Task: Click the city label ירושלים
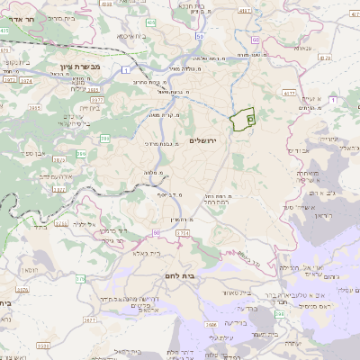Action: [x=204, y=139]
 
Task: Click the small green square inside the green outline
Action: [x=249, y=118]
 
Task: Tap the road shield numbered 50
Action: [x=256, y=40]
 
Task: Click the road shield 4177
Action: [x=290, y=92]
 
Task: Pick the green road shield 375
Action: [x=78, y=279]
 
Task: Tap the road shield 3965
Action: [x=37, y=107]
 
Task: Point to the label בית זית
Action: [x=88, y=106]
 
